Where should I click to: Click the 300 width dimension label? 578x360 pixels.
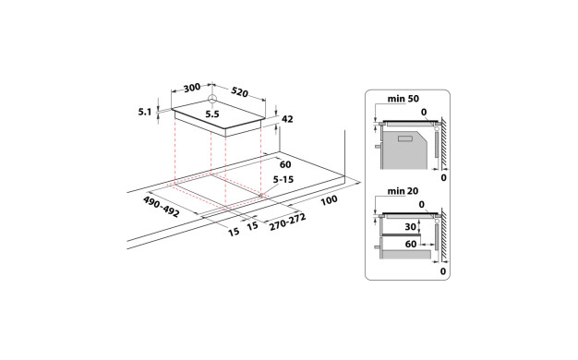tap(192, 88)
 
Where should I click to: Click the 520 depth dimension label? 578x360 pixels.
tap(240, 92)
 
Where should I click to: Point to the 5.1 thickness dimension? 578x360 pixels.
tap(145, 112)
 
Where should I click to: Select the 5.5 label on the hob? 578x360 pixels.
tap(212, 114)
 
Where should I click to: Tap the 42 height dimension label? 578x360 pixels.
tap(287, 119)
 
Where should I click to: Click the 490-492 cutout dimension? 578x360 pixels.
tap(161, 207)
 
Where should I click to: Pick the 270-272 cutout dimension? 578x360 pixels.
tap(287, 222)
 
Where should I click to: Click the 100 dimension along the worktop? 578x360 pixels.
tap(329, 200)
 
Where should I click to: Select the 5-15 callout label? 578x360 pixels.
tap(283, 179)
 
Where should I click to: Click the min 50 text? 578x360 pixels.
tap(403, 99)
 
